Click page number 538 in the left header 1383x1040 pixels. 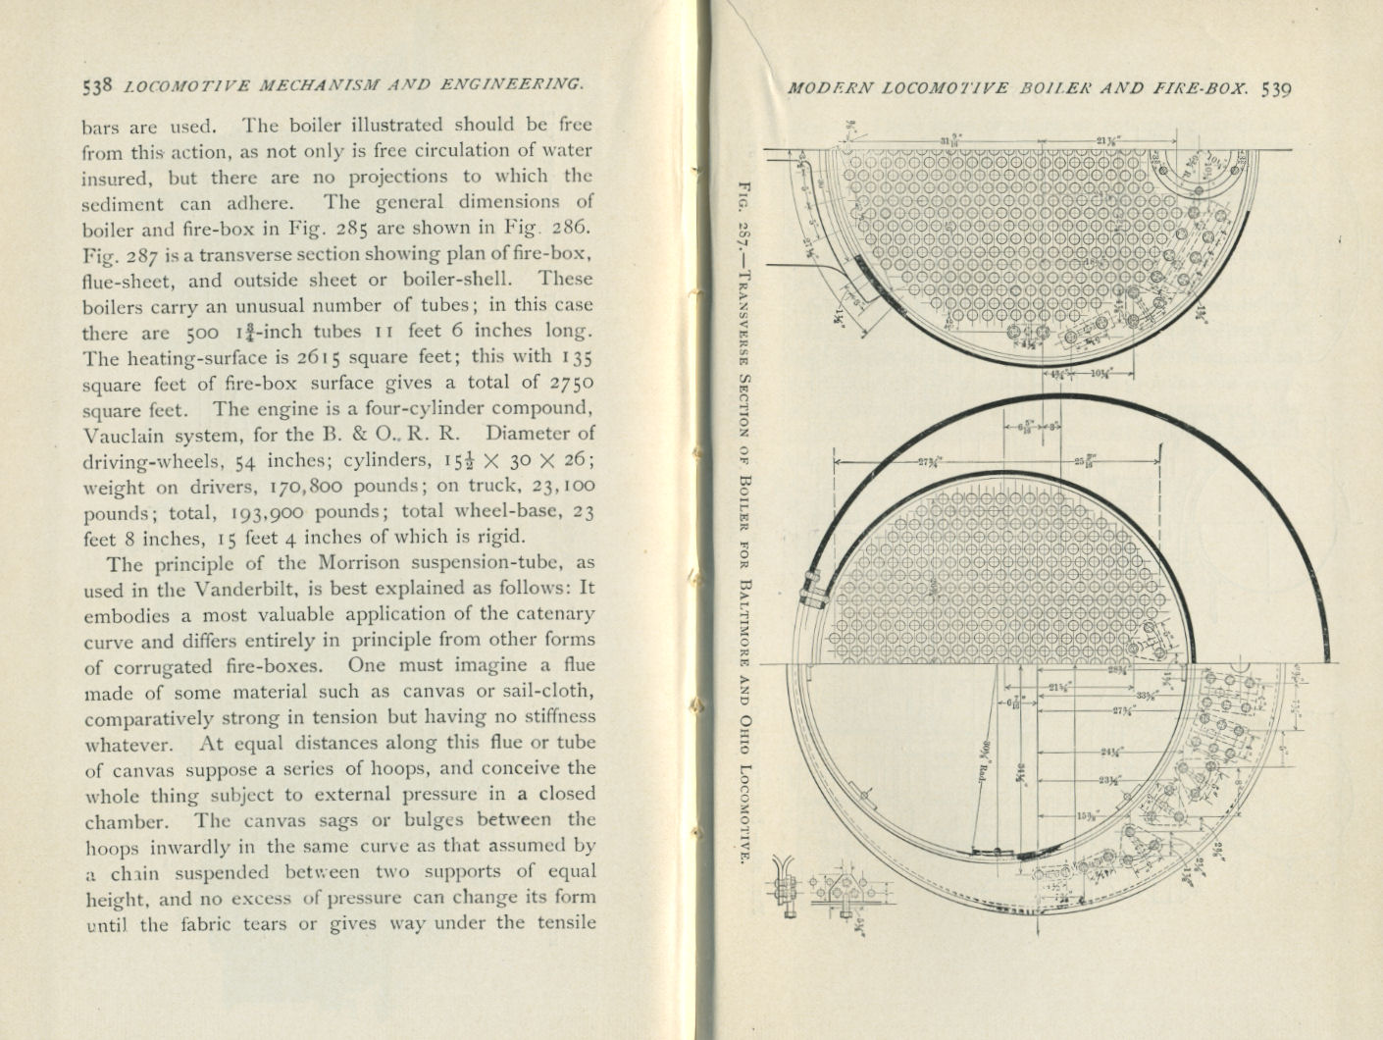point(100,85)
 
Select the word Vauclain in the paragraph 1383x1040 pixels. point(122,435)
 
